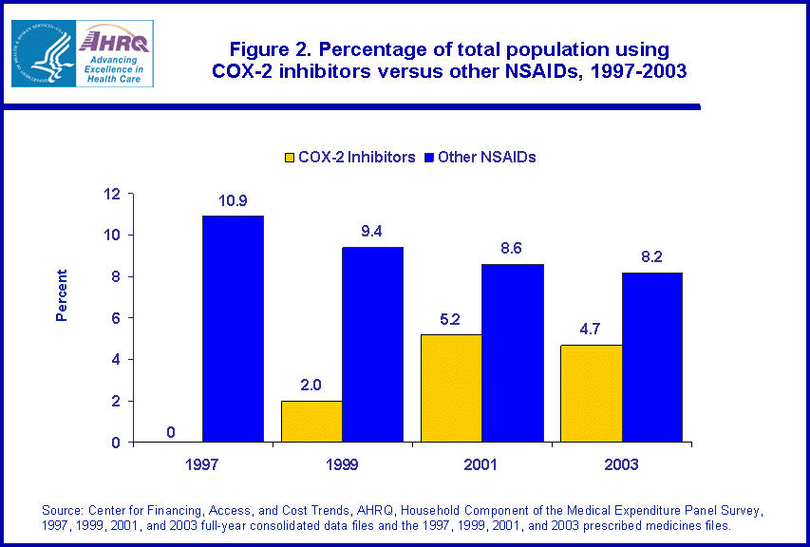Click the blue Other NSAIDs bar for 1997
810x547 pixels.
(233, 329)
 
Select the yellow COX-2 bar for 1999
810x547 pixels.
(311, 421)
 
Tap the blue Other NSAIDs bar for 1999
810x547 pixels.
(372, 344)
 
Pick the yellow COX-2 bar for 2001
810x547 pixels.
(451, 387)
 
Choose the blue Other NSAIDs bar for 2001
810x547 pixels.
(512, 352)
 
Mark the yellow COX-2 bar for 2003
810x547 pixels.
(591, 393)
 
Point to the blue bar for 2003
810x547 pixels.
(651, 357)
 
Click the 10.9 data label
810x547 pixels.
(233, 201)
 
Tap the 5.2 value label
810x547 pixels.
(449, 320)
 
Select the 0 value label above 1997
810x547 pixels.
(170, 432)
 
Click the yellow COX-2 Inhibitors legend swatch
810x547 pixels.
(289, 158)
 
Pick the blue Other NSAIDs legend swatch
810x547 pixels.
(428, 158)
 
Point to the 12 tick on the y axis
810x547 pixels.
(112, 194)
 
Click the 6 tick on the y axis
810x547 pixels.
(116, 318)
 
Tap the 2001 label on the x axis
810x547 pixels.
(480, 464)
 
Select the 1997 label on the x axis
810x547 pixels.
(201, 464)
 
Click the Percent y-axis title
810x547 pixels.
(62, 295)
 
